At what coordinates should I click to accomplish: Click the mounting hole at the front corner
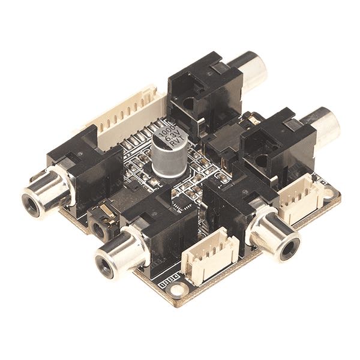coord(176,292)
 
